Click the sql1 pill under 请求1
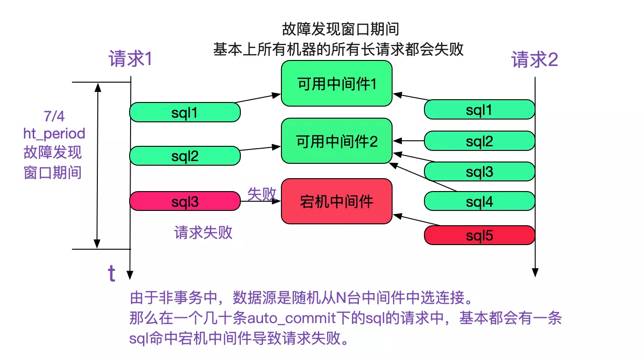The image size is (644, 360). point(185,112)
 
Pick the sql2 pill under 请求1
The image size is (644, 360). point(185,156)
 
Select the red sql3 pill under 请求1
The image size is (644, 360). point(185,201)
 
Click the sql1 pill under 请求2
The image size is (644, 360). point(479,109)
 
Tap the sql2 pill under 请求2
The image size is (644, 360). point(479,141)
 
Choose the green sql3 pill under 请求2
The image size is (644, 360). point(479,172)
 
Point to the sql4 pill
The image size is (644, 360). point(479,201)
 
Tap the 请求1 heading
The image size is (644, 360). point(131,60)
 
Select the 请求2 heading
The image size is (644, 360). point(535,60)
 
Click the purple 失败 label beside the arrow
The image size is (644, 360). point(262,194)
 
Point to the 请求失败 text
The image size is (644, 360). point(203,232)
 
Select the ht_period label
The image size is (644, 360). point(54,133)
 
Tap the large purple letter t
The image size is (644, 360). point(111,273)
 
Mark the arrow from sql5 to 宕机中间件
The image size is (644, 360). point(415,220)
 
